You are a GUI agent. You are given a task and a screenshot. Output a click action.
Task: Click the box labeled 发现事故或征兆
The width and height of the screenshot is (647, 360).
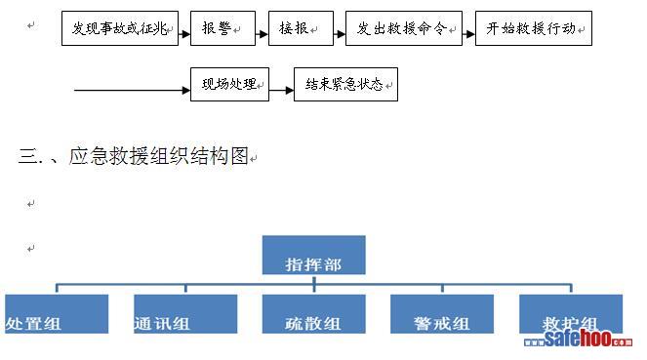pyautogui.click(x=120, y=28)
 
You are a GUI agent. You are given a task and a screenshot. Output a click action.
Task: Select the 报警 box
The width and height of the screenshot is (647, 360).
pyautogui.click(x=222, y=28)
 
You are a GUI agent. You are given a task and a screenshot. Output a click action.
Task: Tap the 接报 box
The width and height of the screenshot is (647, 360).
pyautogui.click(x=301, y=28)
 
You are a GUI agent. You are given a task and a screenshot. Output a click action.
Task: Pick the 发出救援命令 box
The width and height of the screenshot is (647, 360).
pyautogui.click(x=404, y=28)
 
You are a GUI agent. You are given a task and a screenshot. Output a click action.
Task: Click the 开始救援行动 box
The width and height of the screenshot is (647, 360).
pyautogui.click(x=534, y=28)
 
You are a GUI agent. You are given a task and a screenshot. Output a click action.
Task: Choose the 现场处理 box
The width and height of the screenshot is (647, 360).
pyautogui.click(x=230, y=84)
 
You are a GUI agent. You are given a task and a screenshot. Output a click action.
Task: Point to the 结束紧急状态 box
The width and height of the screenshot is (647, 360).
pyautogui.click(x=345, y=84)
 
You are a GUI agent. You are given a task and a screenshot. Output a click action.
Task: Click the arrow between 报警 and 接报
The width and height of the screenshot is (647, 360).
pyautogui.click(x=262, y=34)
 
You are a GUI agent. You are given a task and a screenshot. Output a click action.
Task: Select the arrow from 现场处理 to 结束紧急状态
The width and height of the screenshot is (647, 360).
pyautogui.click(x=281, y=90)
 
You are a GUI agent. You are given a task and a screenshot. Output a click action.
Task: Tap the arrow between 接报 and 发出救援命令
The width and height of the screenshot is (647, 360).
pyautogui.click(x=340, y=34)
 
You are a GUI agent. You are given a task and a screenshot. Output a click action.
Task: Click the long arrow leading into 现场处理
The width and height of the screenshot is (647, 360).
pyautogui.click(x=132, y=90)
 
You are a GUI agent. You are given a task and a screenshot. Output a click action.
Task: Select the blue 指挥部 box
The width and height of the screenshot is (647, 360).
pyautogui.click(x=313, y=255)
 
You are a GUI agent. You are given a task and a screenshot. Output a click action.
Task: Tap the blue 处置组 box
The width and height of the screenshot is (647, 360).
pyautogui.click(x=57, y=314)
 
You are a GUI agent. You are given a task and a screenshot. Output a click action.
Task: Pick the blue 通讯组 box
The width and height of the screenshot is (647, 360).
pyautogui.click(x=185, y=314)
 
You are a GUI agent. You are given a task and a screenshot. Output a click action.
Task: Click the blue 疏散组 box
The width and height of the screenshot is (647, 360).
pyautogui.click(x=313, y=314)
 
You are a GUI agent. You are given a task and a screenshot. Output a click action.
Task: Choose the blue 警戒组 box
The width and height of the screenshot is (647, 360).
pyautogui.click(x=442, y=314)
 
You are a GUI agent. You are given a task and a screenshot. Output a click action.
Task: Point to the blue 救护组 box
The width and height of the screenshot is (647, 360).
pyautogui.click(x=571, y=314)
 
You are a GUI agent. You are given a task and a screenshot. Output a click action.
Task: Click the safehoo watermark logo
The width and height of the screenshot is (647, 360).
pyautogui.click(x=578, y=339)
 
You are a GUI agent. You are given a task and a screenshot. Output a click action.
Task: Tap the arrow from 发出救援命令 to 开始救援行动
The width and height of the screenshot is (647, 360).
pyautogui.click(x=469, y=34)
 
